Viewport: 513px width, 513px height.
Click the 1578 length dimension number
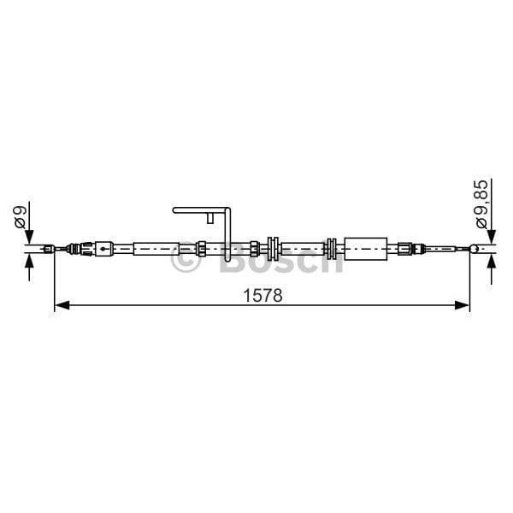coord(262,295)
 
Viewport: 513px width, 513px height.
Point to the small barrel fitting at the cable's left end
coord(49,249)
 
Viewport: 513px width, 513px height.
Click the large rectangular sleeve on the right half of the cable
coord(364,248)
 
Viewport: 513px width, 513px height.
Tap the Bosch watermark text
coord(281,262)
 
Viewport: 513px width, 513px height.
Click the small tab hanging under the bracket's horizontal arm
coord(209,219)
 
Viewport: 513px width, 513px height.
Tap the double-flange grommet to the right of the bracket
coord(274,249)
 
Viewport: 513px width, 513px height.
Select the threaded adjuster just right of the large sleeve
coord(403,249)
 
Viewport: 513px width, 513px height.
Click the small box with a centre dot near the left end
coord(103,249)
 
